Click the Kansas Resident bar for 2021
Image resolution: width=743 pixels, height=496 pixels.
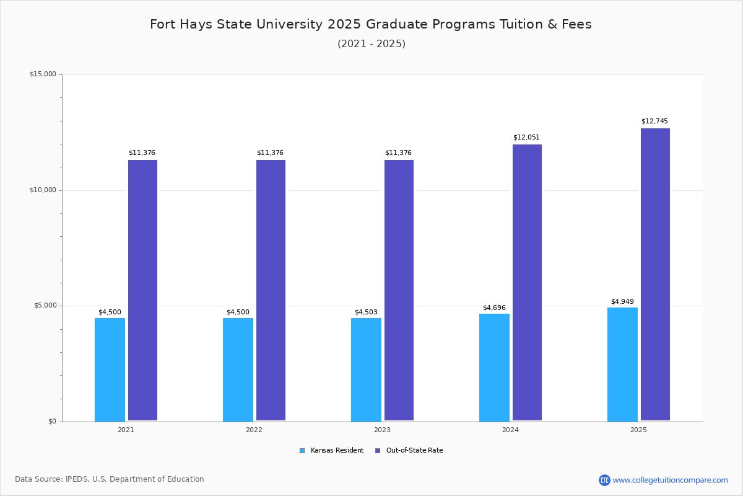(110, 370)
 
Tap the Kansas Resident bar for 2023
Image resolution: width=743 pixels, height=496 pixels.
(366, 370)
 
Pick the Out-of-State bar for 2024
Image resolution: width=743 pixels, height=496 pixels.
(527, 283)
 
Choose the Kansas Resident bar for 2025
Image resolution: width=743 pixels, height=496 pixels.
(622, 365)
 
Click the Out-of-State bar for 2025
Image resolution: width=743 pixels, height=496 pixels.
(655, 275)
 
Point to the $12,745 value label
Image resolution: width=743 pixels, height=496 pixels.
(654, 121)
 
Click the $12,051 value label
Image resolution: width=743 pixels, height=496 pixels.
(526, 137)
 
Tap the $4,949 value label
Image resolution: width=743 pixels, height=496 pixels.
(622, 301)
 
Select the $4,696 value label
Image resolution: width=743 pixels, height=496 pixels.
(494, 308)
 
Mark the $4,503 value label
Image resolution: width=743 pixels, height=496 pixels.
(366, 312)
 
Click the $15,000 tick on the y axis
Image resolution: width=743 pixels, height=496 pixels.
(43, 74)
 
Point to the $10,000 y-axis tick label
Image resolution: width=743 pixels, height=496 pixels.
(43, 190)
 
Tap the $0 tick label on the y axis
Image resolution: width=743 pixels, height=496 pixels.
(52, 422)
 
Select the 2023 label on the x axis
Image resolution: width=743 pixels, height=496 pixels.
(382, 430)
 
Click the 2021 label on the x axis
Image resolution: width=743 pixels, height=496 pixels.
(126, 430)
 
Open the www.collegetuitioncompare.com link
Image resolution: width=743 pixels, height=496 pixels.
(670, 480)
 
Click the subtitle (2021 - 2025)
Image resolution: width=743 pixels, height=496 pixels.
(371, 43)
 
